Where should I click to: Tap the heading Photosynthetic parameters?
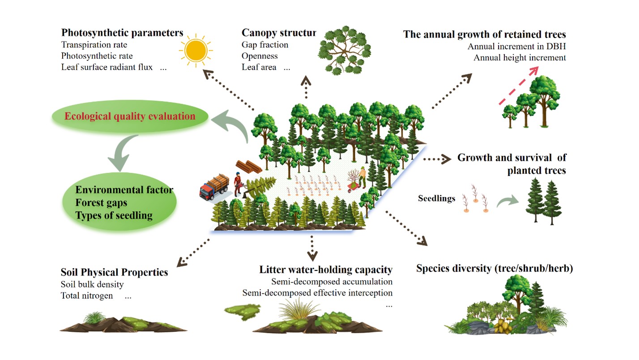tap(122, 33)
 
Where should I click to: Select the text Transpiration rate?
tap(94, 45)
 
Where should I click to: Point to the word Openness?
tap(260, 56)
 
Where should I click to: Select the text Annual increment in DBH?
tap(516, 47)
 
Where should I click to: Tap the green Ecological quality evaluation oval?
tap(130, 116)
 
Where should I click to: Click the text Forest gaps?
tap(101, 202)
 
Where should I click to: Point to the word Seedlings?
tap(436, 197)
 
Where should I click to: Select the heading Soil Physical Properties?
tap(114, 272)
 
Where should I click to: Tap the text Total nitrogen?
tap(87, 296)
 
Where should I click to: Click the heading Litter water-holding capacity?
tap(326, 270)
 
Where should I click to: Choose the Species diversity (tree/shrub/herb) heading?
tap(494, 269)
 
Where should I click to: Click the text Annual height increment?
tap(520, 58)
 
